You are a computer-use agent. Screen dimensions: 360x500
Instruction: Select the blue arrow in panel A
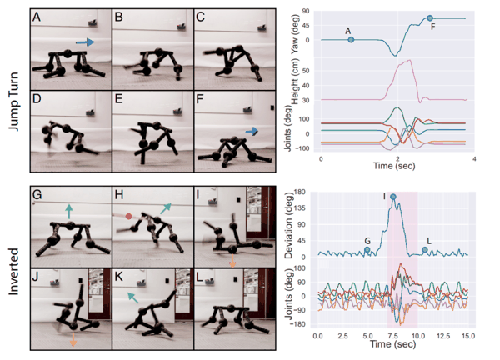tap(84, 41)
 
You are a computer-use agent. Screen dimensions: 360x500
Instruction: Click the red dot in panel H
tap(129, 217)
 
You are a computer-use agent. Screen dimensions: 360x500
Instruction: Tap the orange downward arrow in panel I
tap(232, 261)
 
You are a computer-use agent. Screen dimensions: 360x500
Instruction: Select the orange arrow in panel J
tap(74, 339)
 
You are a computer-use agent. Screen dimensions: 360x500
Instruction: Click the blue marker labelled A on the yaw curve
tap(351, 40)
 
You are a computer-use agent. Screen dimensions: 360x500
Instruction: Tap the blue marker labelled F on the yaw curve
tap(430, 18)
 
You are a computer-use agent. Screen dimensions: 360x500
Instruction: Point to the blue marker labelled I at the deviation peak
tap(392, 197)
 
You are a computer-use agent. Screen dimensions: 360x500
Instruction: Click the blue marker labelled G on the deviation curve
tap(367, 249)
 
